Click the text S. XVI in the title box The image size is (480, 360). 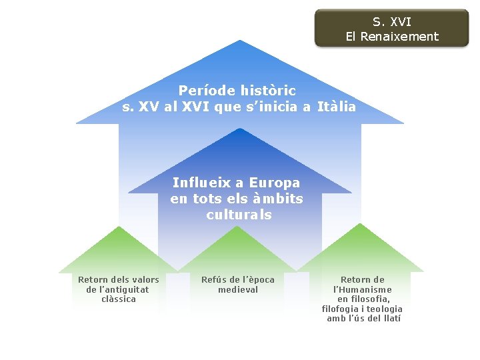pyautogui.click(x=392, y=22)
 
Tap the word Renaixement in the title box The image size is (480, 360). pyautogui.click(x=399, y=37)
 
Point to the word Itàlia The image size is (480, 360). pyautogui.click(x=337, y=107)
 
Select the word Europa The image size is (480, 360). pyautogui.click(x=275, y=183)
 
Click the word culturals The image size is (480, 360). pyautogui.click(x=239, y=215)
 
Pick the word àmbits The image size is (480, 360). pyautogui.click(x=278, y=199)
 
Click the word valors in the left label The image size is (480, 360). pyautogui.click(x=145, y=279)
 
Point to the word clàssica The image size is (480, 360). pyautogui.click(x=119, y=299)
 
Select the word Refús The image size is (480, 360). pyautogui.click(x=215, y=279)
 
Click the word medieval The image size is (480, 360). pyautogui.click(x=238, y=289)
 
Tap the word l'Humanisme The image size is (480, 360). pyautogui.click(x=363, y=289)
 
